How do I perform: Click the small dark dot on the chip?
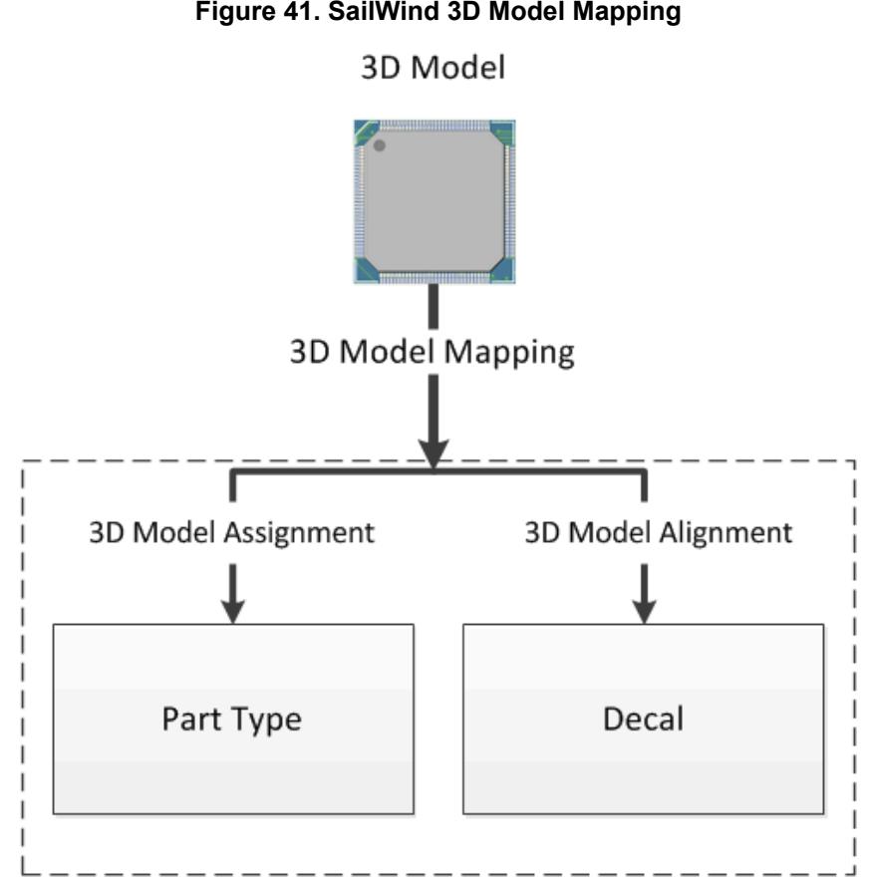tap(380, 146)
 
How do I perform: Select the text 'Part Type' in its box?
tap(232, 719)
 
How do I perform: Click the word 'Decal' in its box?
tap(643, 719)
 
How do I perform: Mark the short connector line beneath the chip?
tap(435, 309)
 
